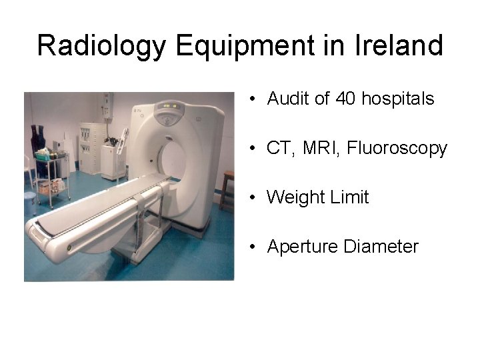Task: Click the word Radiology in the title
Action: click(102, 45)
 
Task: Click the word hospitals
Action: click(397, 99)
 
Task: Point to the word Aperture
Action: click(303, 247)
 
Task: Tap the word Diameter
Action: click(381, 247)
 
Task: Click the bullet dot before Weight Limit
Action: click(254, 197)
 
